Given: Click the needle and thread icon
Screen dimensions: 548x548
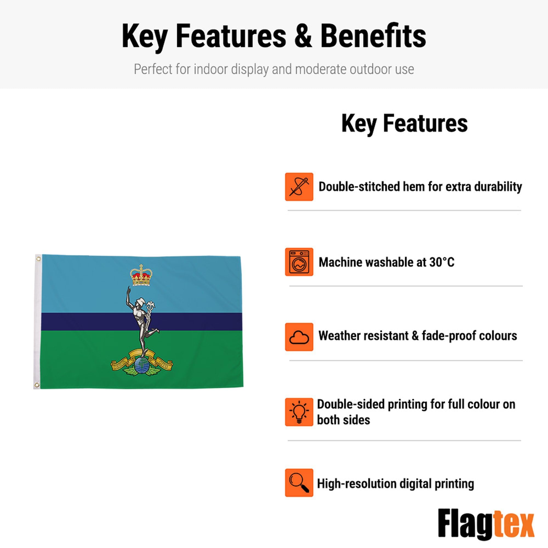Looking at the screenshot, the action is (x=299, y=187).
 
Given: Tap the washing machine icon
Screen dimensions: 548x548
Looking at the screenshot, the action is (x=299, y=262).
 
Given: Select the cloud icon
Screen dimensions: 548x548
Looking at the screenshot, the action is (x=299, y=337).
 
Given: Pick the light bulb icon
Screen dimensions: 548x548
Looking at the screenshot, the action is (x=299, y=412).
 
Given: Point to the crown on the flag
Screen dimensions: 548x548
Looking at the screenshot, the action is (x=141, y=275).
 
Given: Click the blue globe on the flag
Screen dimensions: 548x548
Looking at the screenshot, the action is (x=142, y=366).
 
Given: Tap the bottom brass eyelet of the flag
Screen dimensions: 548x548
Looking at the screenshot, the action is (x=37, y=385).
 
